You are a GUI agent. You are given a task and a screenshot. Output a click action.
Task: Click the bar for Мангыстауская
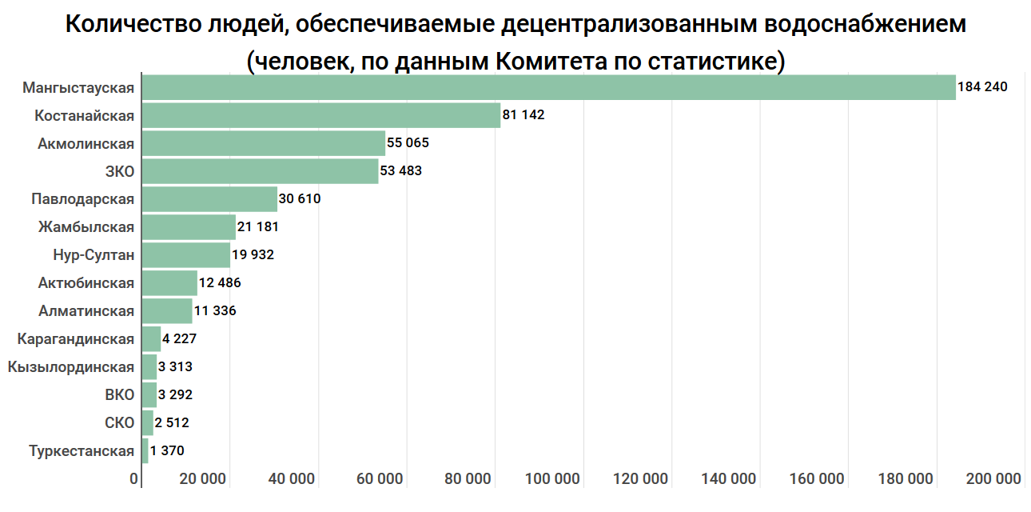pos(548,87)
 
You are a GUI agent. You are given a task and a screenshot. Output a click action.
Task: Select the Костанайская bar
pos(320,115)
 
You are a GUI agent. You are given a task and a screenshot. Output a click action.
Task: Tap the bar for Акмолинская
pos(263,143)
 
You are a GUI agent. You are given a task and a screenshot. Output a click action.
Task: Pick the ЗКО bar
pos(260,171)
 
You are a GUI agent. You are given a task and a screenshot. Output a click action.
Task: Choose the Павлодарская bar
pos(209,199)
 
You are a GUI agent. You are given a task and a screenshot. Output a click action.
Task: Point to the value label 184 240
pos(982,87)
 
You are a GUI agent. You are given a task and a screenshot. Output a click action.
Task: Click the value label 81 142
pos(523,115)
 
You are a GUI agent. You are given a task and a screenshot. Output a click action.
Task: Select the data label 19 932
pos(253,255)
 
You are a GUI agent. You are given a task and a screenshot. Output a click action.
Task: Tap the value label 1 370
pos(167,451)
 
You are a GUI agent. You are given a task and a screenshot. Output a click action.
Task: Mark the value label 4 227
pos(179,339)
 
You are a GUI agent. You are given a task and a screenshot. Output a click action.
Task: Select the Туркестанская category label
pos(82,451)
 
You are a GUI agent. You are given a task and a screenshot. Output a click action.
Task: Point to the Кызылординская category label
pos(70,367)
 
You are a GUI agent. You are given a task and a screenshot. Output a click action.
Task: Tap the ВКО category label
pos(119,395)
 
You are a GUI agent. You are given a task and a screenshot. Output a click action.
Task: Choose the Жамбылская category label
pos(86,227)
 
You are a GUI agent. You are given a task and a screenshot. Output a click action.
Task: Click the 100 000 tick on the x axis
pos(553,479)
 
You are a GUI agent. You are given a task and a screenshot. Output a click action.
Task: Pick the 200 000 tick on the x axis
pos(993,479)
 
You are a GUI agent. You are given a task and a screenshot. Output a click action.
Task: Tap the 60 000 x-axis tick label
pos(380,479)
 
